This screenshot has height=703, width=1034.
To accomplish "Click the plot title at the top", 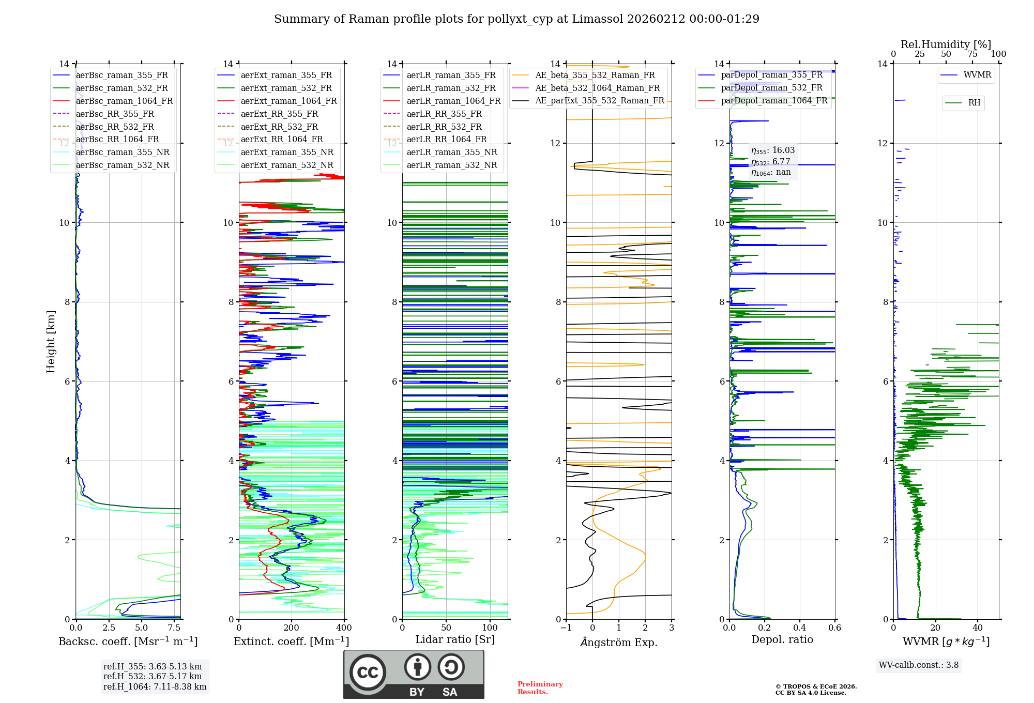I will click(516, 19).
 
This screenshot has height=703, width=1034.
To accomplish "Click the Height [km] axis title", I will click(51, 341).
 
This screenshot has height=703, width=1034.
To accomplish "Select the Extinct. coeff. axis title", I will click(291, 641).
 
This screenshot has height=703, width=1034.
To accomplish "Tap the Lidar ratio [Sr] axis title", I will click(455, 639).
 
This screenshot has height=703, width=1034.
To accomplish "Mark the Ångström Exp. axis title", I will click(619, 642).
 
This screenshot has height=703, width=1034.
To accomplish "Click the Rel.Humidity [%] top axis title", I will click(946, 44).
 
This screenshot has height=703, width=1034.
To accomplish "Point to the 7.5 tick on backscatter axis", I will click(174, 628).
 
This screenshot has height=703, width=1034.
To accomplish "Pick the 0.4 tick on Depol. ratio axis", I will click(800, 628).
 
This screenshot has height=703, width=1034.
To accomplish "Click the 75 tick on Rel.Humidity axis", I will click(972, 54).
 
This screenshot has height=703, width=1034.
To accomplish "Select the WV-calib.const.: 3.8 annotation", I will click(919, 665).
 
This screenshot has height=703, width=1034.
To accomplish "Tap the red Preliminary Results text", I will click(540, 688).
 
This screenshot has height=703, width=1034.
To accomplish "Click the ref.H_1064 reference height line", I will click(155, 686).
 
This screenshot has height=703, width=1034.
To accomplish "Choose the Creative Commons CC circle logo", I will click(368, 673).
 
